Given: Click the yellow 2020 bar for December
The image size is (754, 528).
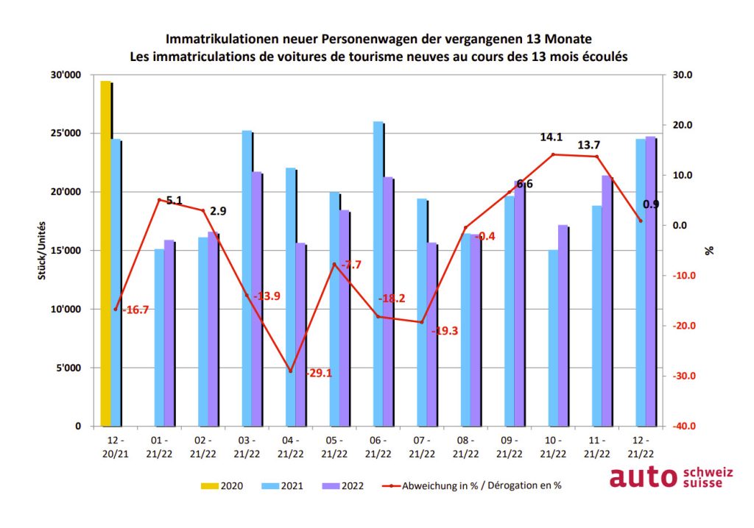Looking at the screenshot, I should (x=105, y=254).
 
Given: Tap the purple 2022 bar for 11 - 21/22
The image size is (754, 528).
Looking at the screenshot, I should (x=607, y=301).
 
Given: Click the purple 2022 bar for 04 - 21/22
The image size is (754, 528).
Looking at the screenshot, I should (x=300, y=335).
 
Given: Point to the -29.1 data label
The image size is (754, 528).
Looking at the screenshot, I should (x=318, y=373).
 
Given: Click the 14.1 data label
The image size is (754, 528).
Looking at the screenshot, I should (x=550, y=137).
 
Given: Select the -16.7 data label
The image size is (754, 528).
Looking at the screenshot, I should (x=135, y=310).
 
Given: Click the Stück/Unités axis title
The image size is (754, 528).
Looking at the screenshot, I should (x=43, y=251).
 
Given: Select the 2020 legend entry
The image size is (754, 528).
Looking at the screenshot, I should (x=222, y=485).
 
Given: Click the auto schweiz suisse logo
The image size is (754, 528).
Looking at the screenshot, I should (x=671, y=477).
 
